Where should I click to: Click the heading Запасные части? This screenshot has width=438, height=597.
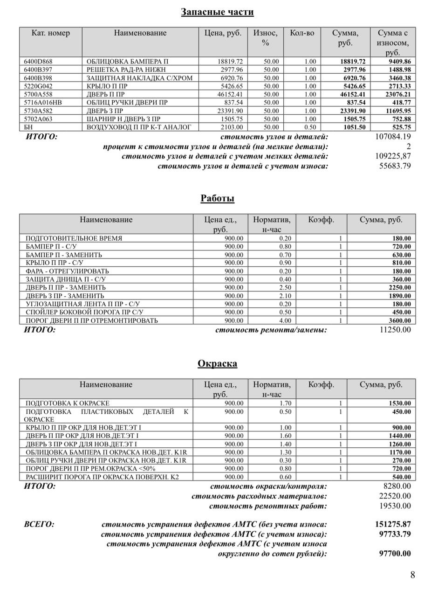point(217,12)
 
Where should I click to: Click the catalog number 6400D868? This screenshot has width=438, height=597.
point(38,62)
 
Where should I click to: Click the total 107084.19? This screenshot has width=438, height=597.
point(393,137)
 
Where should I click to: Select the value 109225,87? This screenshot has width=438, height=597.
point(393,156)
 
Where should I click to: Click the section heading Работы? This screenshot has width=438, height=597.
point(217,198)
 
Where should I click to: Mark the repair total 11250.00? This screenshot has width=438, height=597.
point(396,330)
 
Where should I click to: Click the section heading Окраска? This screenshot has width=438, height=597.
point(217,363)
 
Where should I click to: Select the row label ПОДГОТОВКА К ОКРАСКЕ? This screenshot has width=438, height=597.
point(67,403)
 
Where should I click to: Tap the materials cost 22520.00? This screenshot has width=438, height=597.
point(395,496)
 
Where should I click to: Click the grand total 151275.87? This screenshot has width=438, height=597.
point(393,524)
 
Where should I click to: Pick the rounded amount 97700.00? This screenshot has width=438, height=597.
point(396,554)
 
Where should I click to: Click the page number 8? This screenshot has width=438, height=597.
point(412,575)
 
